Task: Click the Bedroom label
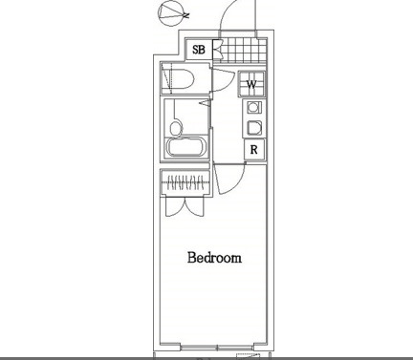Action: click(214, 258)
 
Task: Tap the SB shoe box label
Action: click(199, 50)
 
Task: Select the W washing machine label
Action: click(251, 85)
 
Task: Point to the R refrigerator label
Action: click(253, 150)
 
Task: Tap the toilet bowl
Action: click(183, 78)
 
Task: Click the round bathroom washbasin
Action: click(176, 128)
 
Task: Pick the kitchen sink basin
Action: click(254, 128)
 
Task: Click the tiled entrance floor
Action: click(244, 50)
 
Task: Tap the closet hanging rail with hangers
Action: click(185, 182)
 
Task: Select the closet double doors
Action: click(185, 206)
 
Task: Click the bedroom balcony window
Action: click(217, 347)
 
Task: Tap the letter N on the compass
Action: click(186, 15)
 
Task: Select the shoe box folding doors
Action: click(217, 50)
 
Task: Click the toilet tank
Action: click(166, 78)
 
